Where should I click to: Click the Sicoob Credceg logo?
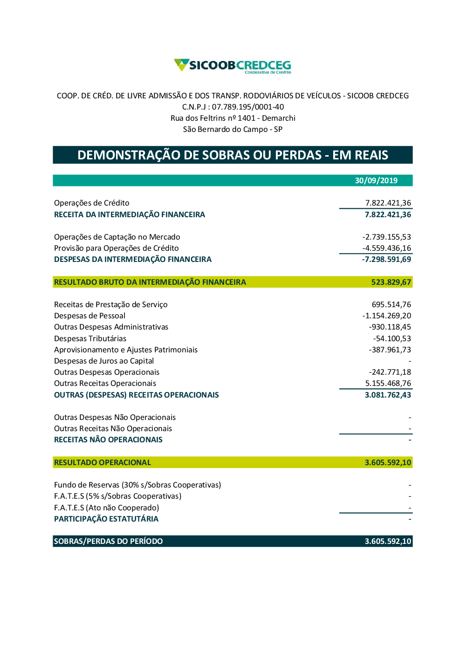[x=233, y=66]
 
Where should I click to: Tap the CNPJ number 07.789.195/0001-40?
[x=247, y=107]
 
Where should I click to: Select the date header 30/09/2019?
[x=376, y=180]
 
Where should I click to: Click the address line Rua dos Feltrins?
[x=233, y=118]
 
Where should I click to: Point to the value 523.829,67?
[x=391, y=282]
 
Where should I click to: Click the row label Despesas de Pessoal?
[x=89, y=316]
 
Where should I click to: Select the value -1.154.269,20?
[x=387, y=316]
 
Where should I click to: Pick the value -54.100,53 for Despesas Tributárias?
[x=392, y=338]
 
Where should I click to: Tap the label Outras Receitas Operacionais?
[x=105, y=383]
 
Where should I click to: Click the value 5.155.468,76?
[x=388, y=383]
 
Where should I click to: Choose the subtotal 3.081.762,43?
[x=388, y=395]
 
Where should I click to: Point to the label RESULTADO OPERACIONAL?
[x=103, y=462]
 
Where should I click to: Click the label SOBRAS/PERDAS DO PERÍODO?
[x=108, y=541]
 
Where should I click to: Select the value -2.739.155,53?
[x=387, y=237]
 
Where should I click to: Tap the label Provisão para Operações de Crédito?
[x=116, y=248]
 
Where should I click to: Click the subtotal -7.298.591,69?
[x=386, y=259]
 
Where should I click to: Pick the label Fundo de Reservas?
[x=137, y=485]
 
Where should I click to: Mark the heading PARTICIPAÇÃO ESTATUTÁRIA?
[x=106, y=519]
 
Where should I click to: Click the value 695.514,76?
[x=391, y=304]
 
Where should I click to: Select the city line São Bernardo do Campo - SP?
[x=233, y=129]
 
